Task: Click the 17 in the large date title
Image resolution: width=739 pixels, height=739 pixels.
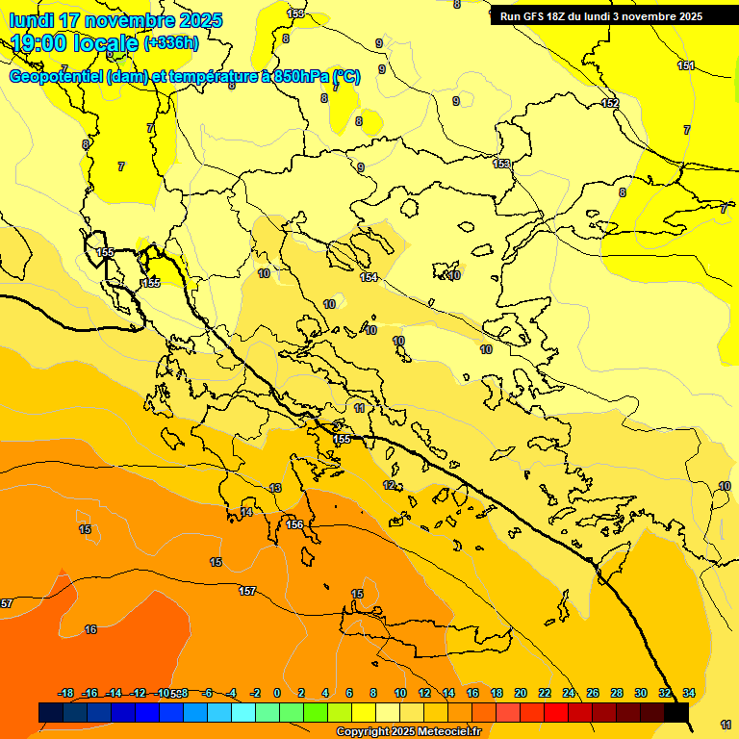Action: tap(70, 20)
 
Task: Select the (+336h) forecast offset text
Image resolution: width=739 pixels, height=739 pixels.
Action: tap(171, 43)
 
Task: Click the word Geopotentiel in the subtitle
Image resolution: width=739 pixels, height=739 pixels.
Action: tap(56, 77)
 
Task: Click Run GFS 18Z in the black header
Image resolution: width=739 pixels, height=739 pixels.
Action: tap(540, 15)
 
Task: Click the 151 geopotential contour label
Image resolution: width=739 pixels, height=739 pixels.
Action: tap(685, 65)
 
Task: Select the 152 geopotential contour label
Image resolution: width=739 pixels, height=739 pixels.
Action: tap(610, 103)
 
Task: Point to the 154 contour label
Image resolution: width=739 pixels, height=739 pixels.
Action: tap(369, 277)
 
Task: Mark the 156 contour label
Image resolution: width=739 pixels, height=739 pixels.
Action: tap(295, 524)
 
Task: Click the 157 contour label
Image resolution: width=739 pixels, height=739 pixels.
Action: tap(247, 591)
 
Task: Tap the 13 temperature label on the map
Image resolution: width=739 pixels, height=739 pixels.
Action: tap(275, 489)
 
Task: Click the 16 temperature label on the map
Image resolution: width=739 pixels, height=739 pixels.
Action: tap(90, 629)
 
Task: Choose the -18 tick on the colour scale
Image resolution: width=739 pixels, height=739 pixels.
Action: tap(66, 693)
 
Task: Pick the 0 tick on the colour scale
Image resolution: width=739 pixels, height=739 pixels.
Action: tap(277, 693)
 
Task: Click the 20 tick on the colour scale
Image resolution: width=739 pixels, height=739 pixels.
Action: tap(521, 693)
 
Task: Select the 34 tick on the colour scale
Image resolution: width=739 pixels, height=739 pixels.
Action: tap(689, 693)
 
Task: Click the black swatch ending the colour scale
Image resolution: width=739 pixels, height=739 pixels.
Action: tap(676, 712)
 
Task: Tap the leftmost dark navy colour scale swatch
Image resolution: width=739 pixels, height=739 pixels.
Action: tap(51, 712)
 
